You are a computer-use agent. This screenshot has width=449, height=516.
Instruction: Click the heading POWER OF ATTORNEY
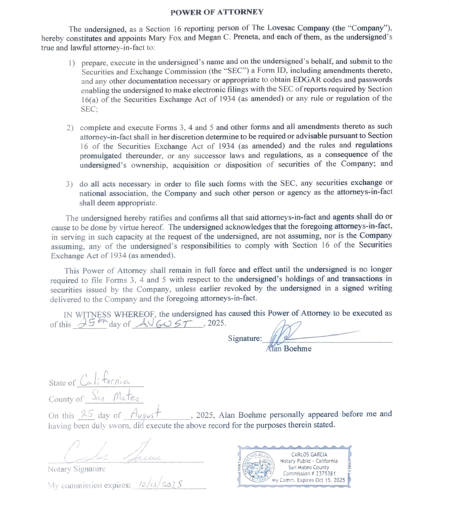tap(217, 12)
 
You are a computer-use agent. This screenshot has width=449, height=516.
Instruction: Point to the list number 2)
tap(70, 128)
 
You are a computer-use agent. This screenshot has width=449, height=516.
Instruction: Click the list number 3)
tap(69, 184)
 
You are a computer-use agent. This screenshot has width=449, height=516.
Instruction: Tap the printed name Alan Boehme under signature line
tap(289, 349)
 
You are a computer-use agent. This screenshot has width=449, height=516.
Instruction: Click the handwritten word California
tap(105, 380)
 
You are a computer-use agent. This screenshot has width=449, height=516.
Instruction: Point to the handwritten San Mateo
tap(115, 396)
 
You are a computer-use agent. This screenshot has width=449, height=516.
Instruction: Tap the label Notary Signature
tap(76, 469)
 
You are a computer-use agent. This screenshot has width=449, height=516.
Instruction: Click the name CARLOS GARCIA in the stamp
tap(309, 455)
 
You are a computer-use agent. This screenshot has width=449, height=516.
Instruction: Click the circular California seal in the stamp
tap(258, 467)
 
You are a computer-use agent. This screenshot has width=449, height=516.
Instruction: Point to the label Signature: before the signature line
tap(245, 338)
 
